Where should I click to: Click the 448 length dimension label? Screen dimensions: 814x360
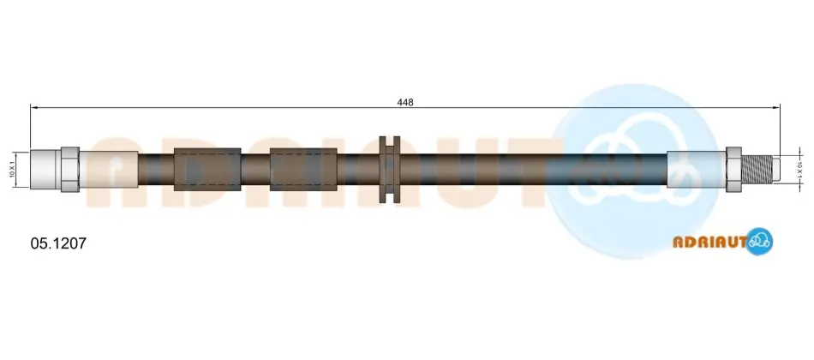pos(405,102)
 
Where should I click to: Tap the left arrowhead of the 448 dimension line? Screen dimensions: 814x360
pos(34,107)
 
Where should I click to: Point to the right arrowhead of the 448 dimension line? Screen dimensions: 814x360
pos(776,107)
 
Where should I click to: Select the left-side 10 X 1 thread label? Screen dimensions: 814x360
pos(11,170)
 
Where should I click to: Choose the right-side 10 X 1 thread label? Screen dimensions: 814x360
pos(800,170)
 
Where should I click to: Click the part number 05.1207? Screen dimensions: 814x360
pos(58,243)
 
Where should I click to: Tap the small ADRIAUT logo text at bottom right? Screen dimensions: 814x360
pos(709,242)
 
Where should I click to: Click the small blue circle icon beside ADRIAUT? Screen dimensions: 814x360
pos(760,241)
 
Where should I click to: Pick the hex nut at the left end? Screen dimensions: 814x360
pos(70,170)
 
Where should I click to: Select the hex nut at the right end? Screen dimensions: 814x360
pos(733,170)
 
